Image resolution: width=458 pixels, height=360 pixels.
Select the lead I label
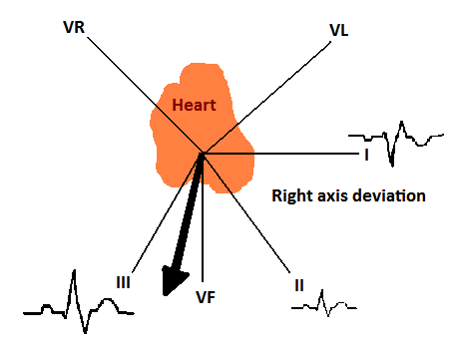point(367,156)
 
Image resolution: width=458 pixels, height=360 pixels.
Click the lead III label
point(124,282)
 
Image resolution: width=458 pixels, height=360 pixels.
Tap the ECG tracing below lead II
point(324,303)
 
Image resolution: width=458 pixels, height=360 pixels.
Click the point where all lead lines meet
point(203,155)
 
